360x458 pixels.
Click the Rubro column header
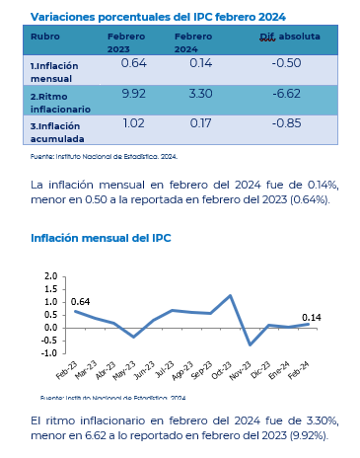pos(45,37)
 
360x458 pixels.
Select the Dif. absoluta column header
pos(290,37)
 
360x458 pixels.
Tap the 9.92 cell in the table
pos(133,94)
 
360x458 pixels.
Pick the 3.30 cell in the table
pos(200,94)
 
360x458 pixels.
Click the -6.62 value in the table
pos(286,94)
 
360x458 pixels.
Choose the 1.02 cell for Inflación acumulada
pos(133,123)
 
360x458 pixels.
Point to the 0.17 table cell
pos(200,123)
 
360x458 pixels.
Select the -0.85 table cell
pos(286,123)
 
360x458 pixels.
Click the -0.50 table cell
pos(286,63)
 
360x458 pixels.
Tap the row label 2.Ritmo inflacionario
pos(60,103)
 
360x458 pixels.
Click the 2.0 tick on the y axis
pos(51,276)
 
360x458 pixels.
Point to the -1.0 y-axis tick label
pos(49,353)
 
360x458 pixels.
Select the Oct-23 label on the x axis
pos(223,371)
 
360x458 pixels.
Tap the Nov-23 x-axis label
pos(242,371)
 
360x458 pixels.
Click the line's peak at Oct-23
pos(231,295)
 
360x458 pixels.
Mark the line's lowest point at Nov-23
pos(251,344)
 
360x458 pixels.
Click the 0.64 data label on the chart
pos(80,302)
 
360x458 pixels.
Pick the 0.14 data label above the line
pos(312,318)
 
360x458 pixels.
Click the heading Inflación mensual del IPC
pos(101,238)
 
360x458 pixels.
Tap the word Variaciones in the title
pos(63,17)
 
